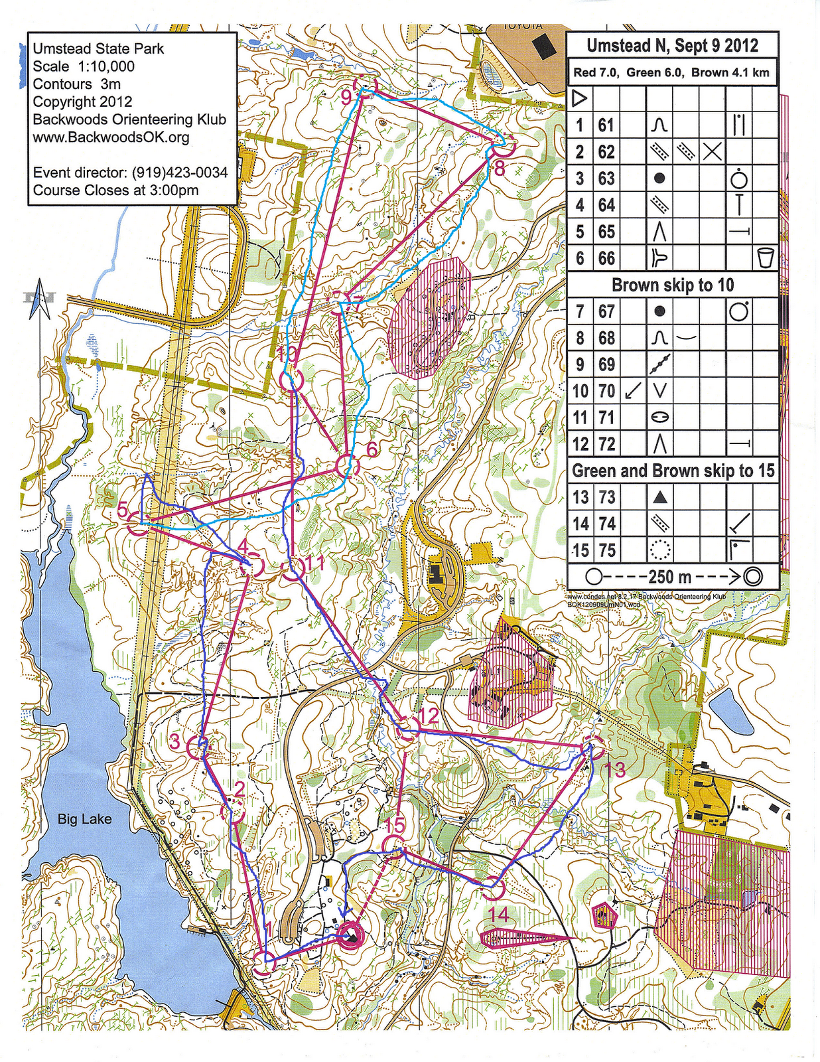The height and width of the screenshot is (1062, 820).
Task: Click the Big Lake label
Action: tap(84, 819)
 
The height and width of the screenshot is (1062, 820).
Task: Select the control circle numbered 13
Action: tap(594, 748)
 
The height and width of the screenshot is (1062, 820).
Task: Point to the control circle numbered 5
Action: tap(139, 523)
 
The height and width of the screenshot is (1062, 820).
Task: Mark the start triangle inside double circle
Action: tap(350, 937)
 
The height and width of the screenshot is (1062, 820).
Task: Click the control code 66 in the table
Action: tap(606, 258)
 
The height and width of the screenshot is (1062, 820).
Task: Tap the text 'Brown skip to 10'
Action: tap(672, 285)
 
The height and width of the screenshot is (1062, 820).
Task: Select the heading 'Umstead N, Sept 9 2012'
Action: tap(672, 46)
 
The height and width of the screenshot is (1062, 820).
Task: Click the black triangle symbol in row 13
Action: tap(659, 497)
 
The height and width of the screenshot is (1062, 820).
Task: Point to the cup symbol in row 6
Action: tap(765, 258)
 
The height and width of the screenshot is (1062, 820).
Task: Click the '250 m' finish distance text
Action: tap(672, 577)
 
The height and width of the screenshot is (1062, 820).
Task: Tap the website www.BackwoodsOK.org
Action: tap(111, 137)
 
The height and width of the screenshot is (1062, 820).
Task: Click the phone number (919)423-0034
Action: tap(180, 173)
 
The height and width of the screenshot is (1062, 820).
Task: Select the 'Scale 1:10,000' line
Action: tap(84, 66)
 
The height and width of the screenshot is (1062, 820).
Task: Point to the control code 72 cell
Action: tap(606, 444)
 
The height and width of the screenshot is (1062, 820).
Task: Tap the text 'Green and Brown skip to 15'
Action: tap(672, 471)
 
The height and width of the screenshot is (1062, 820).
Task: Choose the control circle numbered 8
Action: tap(502, 147)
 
